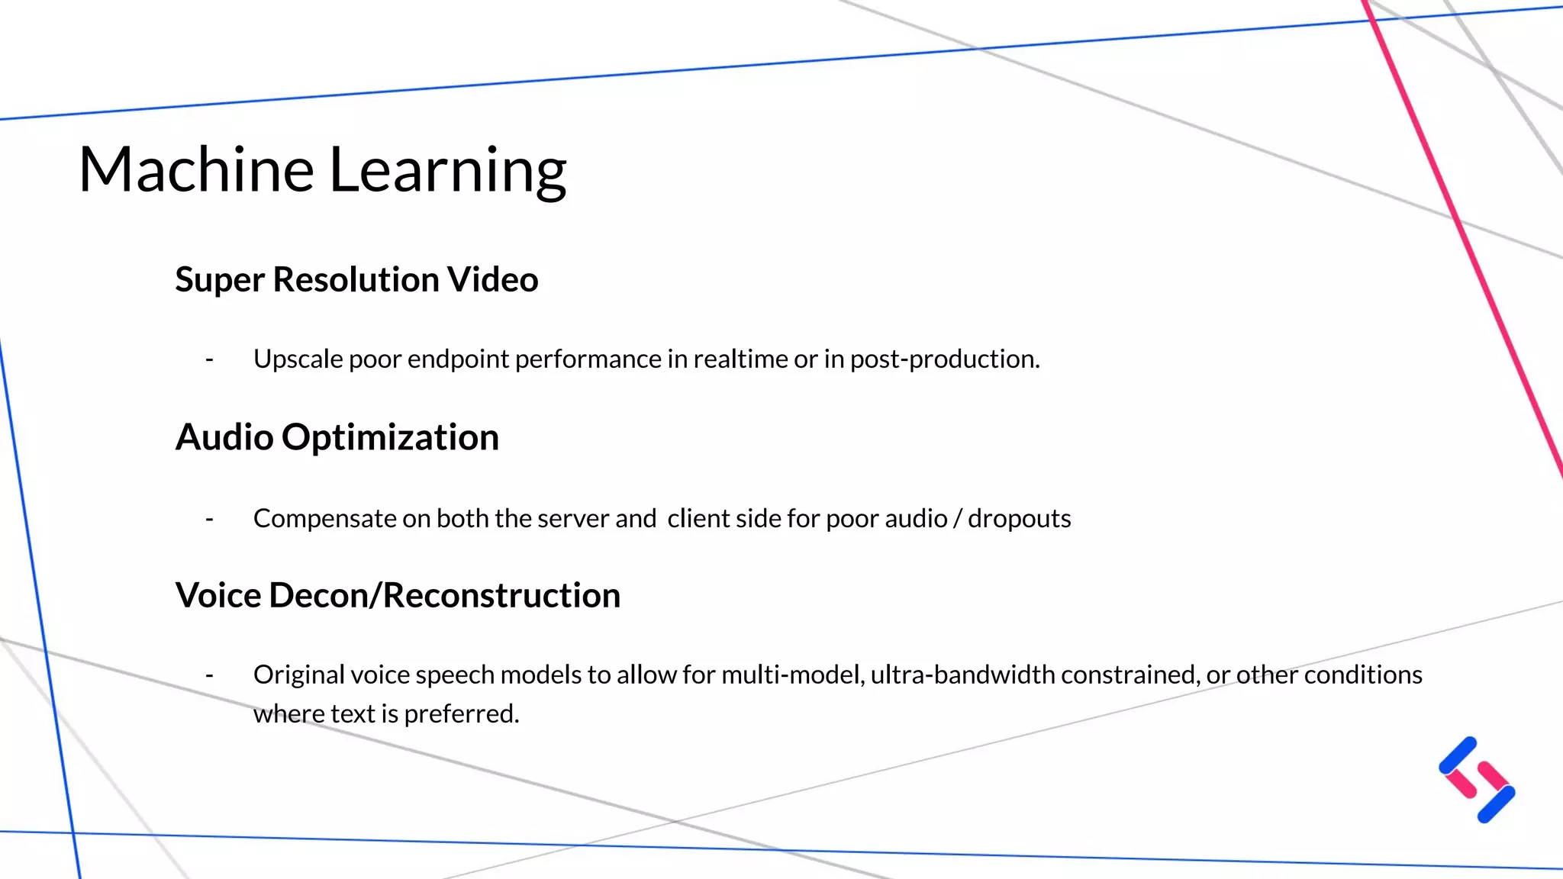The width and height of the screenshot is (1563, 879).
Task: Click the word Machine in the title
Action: tap(196, 169)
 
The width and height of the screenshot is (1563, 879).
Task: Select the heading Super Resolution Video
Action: tap(356, 280)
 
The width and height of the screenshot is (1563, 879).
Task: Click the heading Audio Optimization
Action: tap(337, 438)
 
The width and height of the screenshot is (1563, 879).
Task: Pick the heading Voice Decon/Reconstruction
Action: tap(398, 596)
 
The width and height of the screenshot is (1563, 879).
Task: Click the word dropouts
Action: tap(1019, 519)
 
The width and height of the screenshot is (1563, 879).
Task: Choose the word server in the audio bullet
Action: tap(573, 519)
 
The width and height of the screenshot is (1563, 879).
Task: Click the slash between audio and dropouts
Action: tap(957, 519)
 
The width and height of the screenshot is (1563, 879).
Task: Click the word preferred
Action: tap(461, 714)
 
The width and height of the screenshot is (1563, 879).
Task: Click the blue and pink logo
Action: tap(1477, 780)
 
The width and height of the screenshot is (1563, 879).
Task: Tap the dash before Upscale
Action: tap(209, 359)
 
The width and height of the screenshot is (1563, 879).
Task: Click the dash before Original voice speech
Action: tap(209, 675)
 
